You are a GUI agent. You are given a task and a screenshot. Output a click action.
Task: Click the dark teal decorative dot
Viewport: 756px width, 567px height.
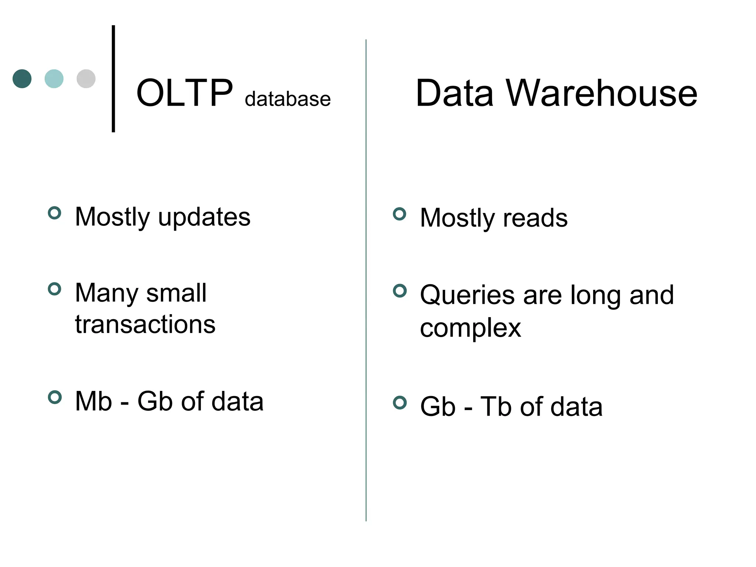22,79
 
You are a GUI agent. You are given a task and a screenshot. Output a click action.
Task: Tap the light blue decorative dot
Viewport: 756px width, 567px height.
54,79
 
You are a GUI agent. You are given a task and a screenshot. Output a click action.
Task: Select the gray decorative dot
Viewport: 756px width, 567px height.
86,79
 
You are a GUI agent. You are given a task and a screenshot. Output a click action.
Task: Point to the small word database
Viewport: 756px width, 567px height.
288,99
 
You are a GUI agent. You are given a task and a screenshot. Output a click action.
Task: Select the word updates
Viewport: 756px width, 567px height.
204,217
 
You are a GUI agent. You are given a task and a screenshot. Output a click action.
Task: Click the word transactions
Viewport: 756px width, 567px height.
145,324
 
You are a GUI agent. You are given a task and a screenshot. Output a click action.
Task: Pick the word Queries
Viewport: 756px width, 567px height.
467,295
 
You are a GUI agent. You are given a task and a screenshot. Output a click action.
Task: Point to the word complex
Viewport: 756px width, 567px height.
470,328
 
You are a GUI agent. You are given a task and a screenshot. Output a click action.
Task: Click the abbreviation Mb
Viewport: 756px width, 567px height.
93,401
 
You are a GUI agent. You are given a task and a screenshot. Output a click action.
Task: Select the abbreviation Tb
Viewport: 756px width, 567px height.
496,406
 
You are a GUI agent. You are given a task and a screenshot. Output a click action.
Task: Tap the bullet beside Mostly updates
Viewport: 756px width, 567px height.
55,213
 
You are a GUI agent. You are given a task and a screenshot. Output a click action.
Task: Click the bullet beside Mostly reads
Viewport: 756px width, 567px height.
399,214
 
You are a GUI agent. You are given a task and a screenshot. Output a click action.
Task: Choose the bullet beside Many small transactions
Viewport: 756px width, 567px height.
55,289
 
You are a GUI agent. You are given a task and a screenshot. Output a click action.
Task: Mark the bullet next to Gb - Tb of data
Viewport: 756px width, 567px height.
399,402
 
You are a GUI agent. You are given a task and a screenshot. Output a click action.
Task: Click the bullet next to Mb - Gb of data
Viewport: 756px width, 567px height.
55,397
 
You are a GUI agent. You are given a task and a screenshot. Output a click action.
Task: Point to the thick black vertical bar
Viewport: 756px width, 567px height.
113,79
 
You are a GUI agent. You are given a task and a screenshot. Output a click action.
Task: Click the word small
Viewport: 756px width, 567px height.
176,293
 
